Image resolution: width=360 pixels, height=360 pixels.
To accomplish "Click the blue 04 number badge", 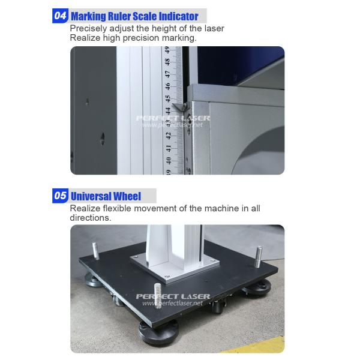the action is point(60,16).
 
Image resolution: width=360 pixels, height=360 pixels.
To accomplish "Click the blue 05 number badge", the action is point(60,196).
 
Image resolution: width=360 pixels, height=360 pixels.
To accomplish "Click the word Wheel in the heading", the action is point(127,196).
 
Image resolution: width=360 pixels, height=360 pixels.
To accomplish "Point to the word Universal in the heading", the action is point(91,196).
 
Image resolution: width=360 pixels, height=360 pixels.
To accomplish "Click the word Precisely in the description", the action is point(88,29).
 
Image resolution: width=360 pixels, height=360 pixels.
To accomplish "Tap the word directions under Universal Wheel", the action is point(90,218).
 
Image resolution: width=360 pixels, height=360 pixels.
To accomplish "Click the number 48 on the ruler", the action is point(167,62).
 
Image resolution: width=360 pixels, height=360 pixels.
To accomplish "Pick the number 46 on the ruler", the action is point(168,86).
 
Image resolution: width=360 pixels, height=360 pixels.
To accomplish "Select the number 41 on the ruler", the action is point(169,149).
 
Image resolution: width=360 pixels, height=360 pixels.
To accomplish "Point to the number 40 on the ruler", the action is point(169,161).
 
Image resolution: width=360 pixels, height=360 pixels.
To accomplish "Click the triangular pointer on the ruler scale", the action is point(180,107).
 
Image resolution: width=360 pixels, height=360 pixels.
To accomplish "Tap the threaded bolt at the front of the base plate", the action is point(157,296).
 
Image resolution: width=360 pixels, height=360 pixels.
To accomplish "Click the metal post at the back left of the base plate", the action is point(95,251).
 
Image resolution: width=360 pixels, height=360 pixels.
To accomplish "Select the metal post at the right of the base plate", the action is point(259,257).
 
